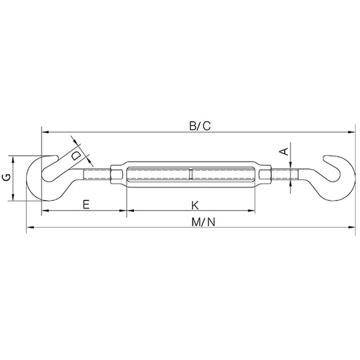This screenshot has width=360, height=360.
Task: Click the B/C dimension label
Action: point(200,126)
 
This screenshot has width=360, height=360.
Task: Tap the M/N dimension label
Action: point(204,222)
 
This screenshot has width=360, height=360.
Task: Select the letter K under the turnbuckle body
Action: point(195,205)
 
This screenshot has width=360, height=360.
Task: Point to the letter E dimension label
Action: point(86,204)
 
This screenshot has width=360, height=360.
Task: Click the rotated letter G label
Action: point(6,178)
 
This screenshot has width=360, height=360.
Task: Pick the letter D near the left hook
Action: point(76,156)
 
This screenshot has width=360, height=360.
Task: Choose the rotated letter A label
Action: point(284,151)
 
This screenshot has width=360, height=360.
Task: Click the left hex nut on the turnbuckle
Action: point(117,174)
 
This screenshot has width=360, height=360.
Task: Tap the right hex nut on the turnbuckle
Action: point(265,174)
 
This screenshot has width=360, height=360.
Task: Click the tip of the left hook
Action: point(57,157)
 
